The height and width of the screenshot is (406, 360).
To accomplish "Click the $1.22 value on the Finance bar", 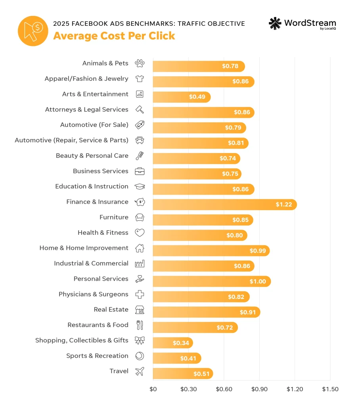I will (284, 205).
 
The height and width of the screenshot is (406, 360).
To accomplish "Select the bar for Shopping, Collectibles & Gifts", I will (172, 343).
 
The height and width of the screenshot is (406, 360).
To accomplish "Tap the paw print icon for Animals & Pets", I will (140, 63).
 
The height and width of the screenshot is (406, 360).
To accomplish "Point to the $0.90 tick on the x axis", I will (259, 389).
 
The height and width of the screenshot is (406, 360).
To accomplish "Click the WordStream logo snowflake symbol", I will (275, 24).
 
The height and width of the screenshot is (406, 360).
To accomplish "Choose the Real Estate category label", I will (111, 310).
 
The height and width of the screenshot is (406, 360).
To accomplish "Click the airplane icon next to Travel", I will (140, 372).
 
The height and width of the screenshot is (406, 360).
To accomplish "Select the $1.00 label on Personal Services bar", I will (258, 282).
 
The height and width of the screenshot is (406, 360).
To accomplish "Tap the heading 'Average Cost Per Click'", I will (114, 36).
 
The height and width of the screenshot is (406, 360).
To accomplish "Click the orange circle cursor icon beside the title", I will (33, 31).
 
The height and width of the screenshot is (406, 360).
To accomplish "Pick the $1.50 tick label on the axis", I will (330, 389).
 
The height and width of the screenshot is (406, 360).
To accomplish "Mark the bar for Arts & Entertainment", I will (182, 97).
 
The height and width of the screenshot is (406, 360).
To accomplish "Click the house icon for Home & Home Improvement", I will (140, 248).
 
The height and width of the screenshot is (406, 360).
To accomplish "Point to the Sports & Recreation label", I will (97, 356).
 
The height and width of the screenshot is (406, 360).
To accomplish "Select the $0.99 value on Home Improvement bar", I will (257, 251).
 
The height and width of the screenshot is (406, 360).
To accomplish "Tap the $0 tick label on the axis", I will (153, 389).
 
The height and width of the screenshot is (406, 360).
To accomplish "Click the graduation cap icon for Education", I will (140, 187).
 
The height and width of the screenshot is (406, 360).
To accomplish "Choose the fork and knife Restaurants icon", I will (140, 325).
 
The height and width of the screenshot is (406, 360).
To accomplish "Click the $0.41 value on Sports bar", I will (188, 358).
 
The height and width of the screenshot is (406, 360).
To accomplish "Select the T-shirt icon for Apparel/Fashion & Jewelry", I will (140, 79).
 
